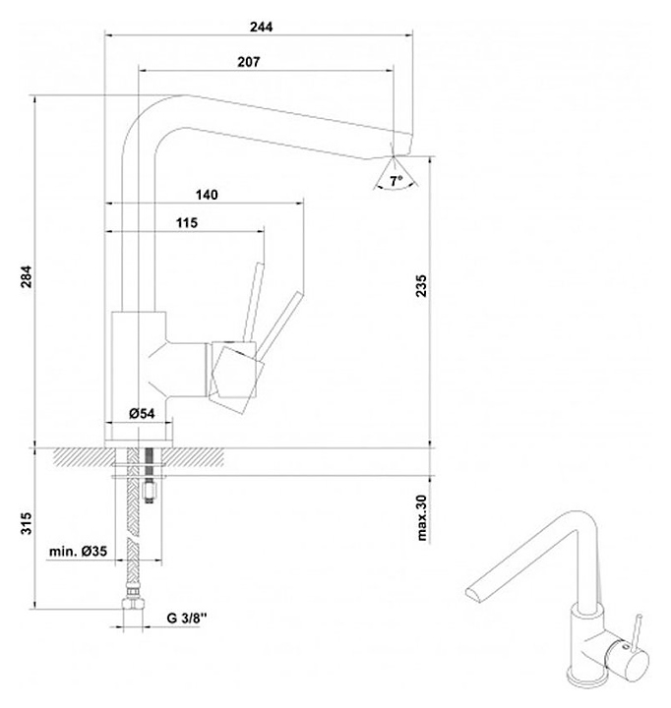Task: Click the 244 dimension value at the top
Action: point(261,27)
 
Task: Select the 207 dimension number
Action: point(249,61)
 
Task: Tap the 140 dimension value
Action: point(207,195)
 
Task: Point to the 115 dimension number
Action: point(187,222)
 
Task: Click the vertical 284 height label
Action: point(27,276)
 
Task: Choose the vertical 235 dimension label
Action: point(420,285)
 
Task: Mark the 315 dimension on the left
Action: point(27,523)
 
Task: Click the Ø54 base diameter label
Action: point(142,413)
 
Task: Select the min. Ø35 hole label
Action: point(78,551)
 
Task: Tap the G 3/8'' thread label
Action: point(187,618)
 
